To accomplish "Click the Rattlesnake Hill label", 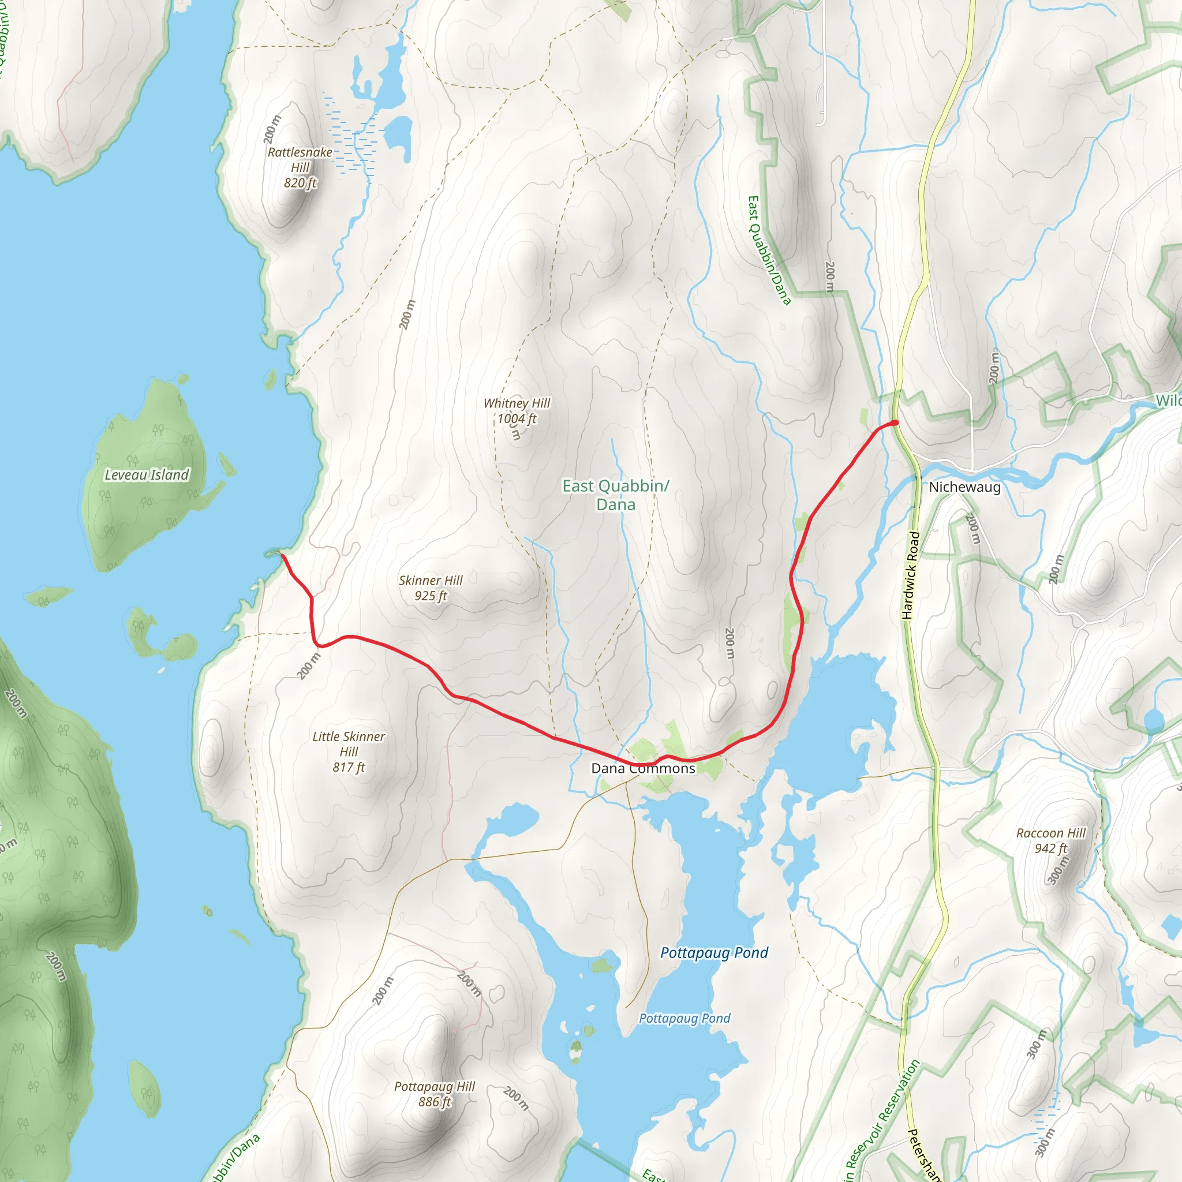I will click(300, 167).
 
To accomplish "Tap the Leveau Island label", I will click(147, 475).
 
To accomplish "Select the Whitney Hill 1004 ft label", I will click(517, 410).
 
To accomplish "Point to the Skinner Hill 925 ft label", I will click(431, 588).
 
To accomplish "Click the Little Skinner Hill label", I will click(349, 751).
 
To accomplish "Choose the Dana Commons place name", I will click(643, 768).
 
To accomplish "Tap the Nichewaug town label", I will click(965, 487).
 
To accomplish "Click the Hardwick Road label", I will click(911, 575).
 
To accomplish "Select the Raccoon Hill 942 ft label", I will click(1050, 840).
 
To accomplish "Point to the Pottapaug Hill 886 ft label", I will click(435, 1094).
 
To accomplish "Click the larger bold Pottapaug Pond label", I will click(714, 952).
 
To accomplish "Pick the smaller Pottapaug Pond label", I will click(684, 1018).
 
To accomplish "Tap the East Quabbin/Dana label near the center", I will click(615, 495).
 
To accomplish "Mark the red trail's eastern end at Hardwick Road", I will click(895, 422).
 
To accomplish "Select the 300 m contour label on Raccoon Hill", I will click(1058, 869).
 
